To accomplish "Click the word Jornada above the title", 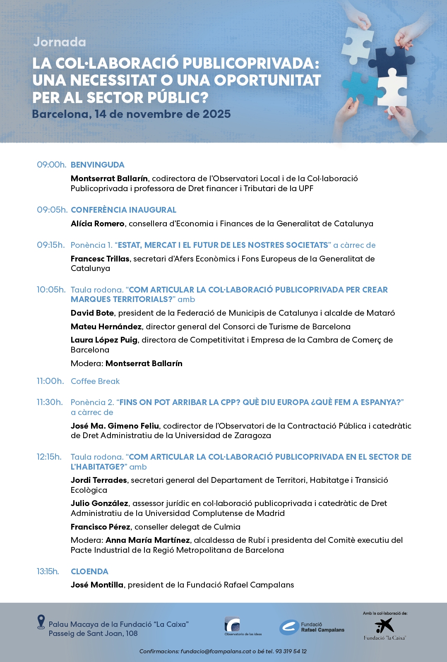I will point(60,42).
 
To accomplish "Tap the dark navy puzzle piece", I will point(391,62).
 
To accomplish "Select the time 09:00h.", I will point(51,165).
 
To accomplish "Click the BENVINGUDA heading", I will point(97,165).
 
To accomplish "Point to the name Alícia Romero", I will point(97,224).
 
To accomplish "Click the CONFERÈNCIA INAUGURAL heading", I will point(123,210).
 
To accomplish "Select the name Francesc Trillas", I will point(100,259).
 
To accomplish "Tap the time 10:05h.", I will point(51,290).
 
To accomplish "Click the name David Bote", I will point(92,313).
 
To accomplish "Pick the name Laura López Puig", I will point(104,340).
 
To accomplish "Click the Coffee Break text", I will point(95,381).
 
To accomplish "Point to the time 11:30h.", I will point(50,402).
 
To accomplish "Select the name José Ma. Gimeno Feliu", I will point(115,426).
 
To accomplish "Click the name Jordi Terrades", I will point(99,480).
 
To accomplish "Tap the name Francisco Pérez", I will point(100,527).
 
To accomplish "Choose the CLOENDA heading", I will point(89,571).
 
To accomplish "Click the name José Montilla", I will point(97,585).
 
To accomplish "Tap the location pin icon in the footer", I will point(41,622).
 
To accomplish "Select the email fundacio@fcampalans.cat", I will point(216,651).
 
